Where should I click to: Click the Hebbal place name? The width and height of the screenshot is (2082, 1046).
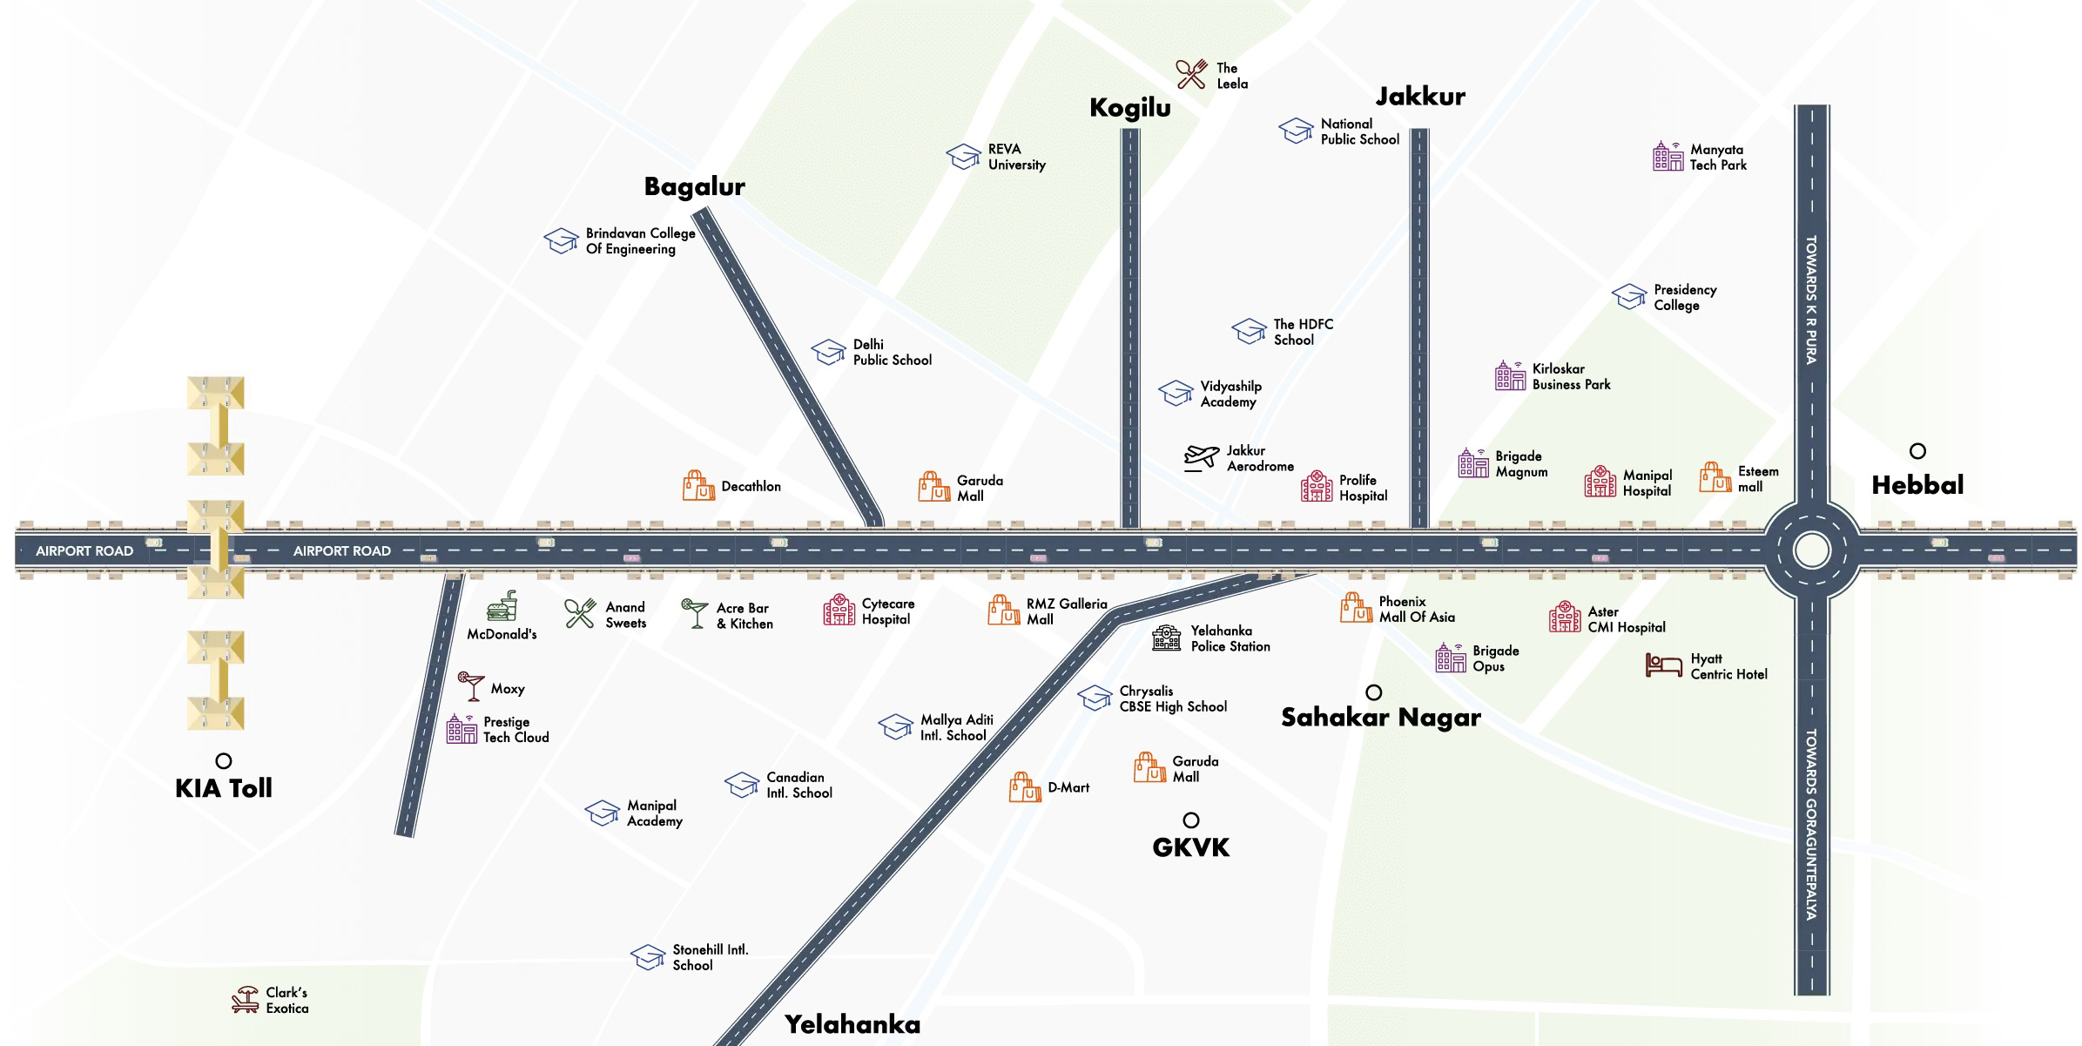(x=1917, y=485)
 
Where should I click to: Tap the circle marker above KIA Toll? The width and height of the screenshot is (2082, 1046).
(x=224, y=761)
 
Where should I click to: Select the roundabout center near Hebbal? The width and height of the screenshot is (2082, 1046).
(x=1811, y=550)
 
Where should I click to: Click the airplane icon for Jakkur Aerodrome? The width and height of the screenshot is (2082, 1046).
(x=1202, y=457)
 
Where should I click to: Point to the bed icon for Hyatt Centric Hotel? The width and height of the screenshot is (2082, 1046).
(x=1663, y=665)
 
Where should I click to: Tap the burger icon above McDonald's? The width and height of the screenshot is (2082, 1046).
(x=502, y=606)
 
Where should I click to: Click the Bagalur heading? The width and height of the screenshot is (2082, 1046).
(x=694, y=186)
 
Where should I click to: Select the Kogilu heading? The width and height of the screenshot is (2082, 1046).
(x=1129, y=108)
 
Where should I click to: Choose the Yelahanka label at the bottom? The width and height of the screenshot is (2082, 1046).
(x=852, y=1024)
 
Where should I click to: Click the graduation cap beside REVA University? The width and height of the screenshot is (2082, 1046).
(x=963, y=157)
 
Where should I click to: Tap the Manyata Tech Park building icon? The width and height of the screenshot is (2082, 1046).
(x=1668, y=157)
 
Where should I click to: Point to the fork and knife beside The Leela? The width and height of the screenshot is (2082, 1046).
(x=1191, y=75)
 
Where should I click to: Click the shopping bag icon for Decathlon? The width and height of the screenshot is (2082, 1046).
(x=698, y=486)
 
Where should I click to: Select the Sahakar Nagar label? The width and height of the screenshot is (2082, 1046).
(x=1380, y=718)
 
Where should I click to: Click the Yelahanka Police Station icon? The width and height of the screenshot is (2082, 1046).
(x=1167, y=638)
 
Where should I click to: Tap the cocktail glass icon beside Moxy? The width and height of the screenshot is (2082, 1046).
(x=471, y=686)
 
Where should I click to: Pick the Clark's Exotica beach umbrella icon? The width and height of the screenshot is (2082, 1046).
(x=246, y=1000)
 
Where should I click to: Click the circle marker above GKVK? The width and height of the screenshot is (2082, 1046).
(x=1190, y=820)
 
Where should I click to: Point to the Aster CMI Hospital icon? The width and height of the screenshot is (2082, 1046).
(x=1564, y=617)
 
